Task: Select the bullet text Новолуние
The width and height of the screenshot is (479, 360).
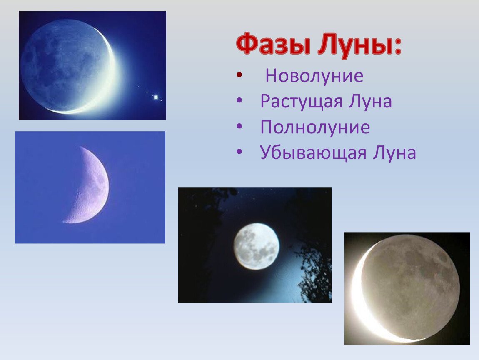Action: click(x=314, y=75)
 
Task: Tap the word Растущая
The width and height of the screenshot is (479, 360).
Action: click(x=301, y=102)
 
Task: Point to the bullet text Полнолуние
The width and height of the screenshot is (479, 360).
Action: click(x=315, y=127)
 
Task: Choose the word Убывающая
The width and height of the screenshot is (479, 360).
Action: click(x=313, y=152)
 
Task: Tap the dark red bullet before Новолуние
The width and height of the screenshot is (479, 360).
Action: click(x=239, y=75)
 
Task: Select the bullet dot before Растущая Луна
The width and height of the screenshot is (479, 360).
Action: click(x=239, y=100)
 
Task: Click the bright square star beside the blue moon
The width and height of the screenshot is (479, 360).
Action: click(x=156, y=97)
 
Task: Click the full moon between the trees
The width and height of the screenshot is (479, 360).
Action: click(x=257, y=246)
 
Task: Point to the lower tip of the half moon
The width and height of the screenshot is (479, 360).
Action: click(x=64, y=221)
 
